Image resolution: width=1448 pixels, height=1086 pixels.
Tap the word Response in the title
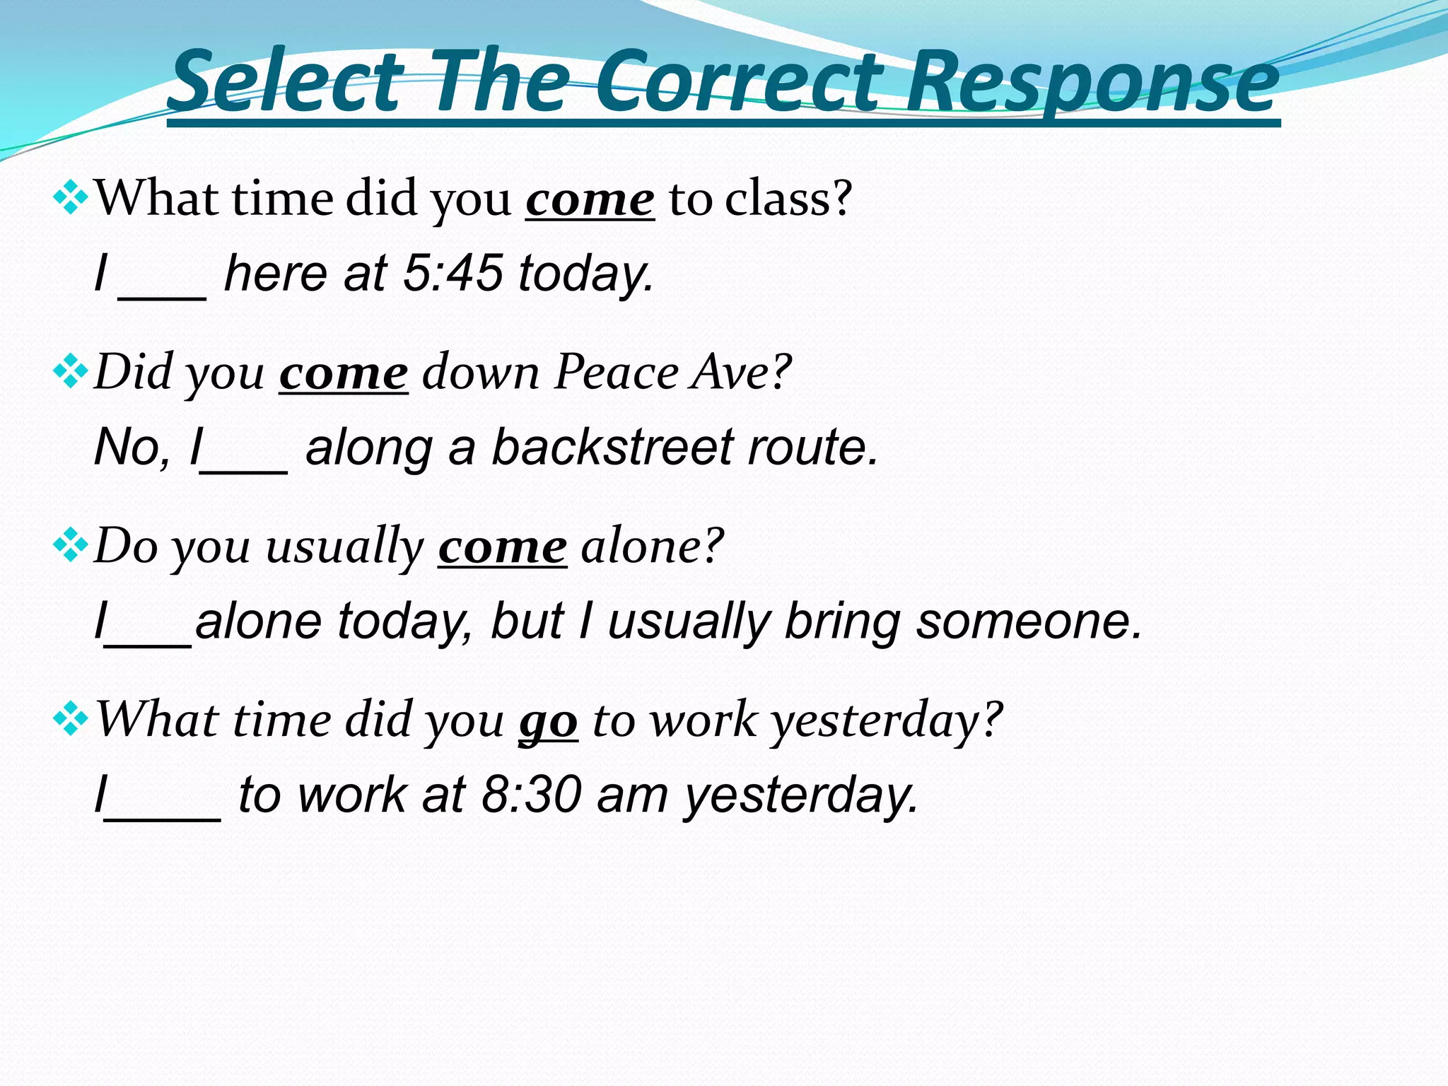1092,83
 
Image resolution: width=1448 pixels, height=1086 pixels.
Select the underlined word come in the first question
590,200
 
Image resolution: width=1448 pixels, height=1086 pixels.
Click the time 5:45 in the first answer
452,274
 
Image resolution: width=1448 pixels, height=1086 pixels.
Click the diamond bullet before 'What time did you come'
70,199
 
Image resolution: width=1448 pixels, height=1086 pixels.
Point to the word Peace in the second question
616,372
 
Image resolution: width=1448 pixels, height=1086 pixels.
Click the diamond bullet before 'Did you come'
70,373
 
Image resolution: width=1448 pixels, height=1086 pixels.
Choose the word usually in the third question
344,547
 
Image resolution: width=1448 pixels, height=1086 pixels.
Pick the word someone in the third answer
1029,621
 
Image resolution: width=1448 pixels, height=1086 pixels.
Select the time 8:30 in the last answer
531,795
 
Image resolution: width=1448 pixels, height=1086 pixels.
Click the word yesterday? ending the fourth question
887,721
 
